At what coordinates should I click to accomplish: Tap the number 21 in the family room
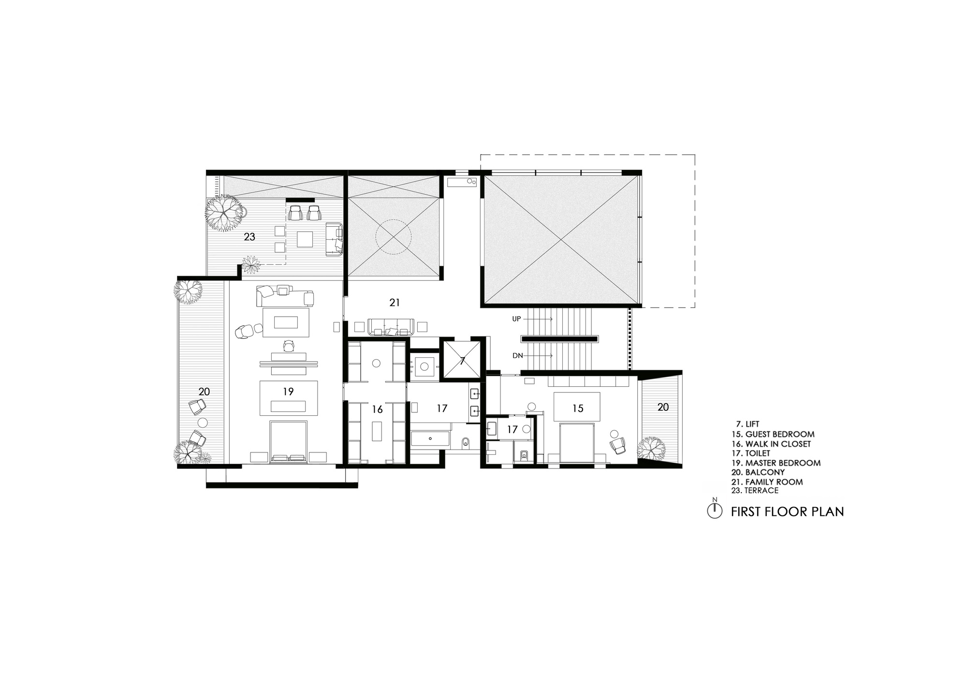tap(395, 303)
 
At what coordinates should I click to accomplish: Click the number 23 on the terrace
tap(249, 237)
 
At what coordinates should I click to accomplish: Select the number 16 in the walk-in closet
tap(377, 409)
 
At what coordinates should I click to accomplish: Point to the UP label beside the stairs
tap(517, 319)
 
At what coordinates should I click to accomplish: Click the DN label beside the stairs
tap(517, 356)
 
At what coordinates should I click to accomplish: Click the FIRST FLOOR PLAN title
tap(787, 511)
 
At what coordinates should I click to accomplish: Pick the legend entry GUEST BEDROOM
tap(780, 434)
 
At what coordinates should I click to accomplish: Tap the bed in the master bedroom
tap(288, 441)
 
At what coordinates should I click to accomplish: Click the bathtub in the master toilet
tap(430, 439)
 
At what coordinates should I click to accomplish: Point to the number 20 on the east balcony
tap(663, 407)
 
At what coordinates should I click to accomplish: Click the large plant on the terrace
tap(224, 213)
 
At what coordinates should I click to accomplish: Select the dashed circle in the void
tap(394, 237)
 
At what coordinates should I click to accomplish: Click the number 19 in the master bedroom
tap(288, 392)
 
